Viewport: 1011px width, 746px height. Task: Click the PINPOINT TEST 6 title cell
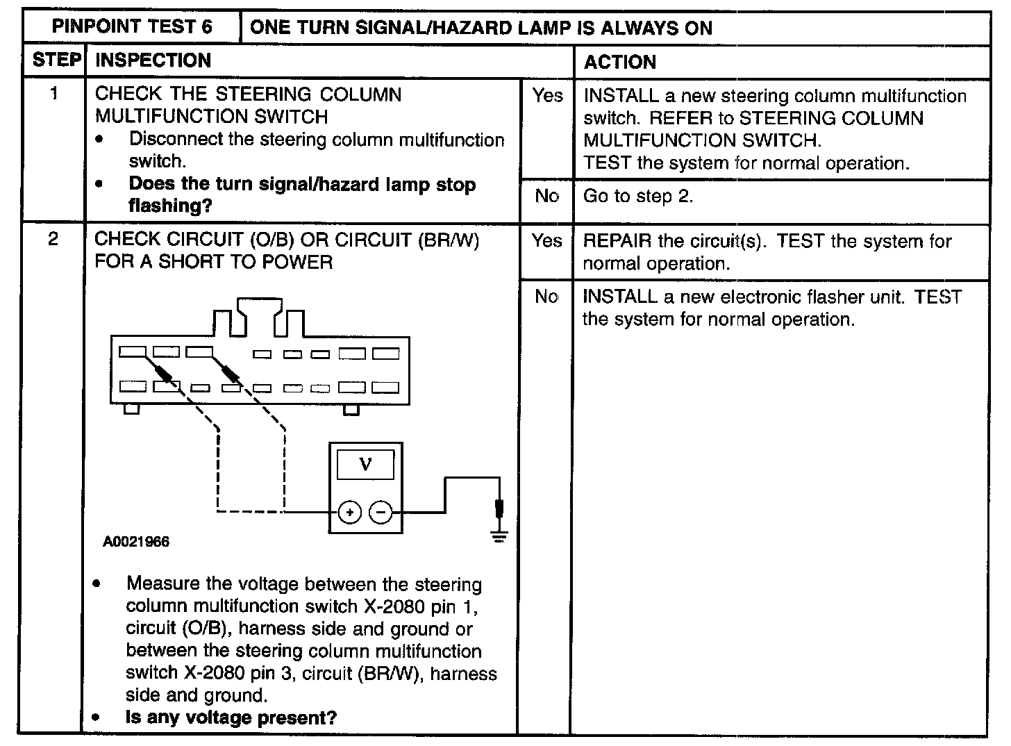pyautogui.click(x=132, y=27)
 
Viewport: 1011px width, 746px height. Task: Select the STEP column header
pyautogui.click(x=56, y=60)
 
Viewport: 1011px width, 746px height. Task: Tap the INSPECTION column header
pyautogui.click(x=153, y=60)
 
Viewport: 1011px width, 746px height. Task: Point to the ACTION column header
pyautogui.click(x=619, y=63)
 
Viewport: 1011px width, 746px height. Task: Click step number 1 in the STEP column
pyautogui.click(x=54, y=94)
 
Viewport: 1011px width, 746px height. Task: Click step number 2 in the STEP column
pyautogui.click(x=53, y=240)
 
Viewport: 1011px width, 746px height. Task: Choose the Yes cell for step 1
pyautogui.click(x=547, y=96)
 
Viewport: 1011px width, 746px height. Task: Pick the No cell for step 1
pyautogui.click(x=547, y=197)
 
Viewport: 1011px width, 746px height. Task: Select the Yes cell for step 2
pyautogui.click(x=547, y=241)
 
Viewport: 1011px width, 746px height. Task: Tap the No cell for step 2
pyautogui.click(x=546, y=297)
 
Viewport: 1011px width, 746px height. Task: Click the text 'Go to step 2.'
pyautogui.click(x=638, y=197)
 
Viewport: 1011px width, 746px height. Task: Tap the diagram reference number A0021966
pyautogui.click(x=136, y=542)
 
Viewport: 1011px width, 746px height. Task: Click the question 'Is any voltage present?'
pyautogui.click(x=231, y=718)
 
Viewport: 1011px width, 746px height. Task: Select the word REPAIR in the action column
pyautogui.click(x=617, y=242)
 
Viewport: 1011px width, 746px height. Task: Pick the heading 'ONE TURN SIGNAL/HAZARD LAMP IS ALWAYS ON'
pyautogui.click(x=481, y=28)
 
